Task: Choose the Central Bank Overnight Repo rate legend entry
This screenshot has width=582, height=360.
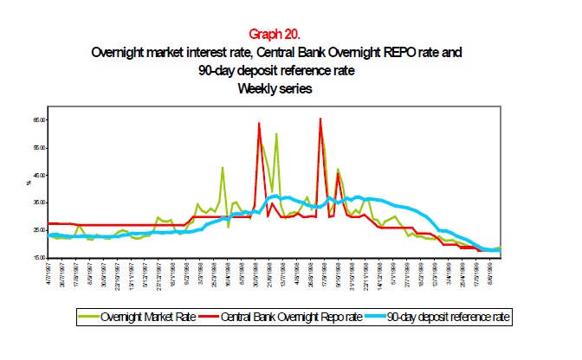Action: coord(285,318)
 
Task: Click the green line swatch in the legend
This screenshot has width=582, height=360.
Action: coord(86,318)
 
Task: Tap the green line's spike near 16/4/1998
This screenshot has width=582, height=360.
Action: coord(223,168)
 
